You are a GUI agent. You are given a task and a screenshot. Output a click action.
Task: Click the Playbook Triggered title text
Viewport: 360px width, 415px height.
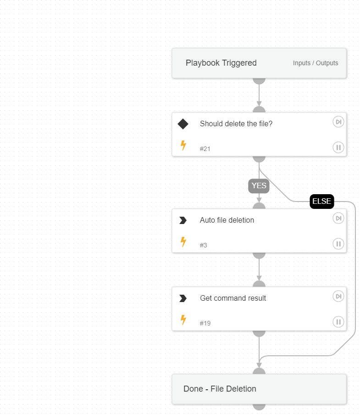(221, 63)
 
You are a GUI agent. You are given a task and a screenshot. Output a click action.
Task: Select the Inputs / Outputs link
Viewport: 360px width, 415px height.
(316, 63)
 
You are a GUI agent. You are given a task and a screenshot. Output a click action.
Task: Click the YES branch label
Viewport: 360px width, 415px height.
(259, 186)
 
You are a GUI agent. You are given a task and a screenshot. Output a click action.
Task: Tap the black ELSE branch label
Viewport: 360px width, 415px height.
(321, 202)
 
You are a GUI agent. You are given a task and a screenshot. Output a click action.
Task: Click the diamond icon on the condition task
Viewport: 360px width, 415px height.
(183, 124)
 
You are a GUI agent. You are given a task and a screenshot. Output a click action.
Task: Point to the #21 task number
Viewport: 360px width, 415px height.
(205, 149)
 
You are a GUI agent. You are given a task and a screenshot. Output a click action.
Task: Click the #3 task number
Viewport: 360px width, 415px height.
(203, 245)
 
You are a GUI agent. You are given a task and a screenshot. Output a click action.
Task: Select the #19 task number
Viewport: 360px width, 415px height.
(205, 323)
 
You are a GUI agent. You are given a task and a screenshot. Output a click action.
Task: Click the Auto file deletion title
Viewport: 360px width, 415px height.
(227, 220)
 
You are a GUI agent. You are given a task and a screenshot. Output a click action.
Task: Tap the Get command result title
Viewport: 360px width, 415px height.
(233, 298)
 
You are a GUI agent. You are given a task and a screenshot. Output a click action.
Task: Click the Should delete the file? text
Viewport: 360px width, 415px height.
(236, 123)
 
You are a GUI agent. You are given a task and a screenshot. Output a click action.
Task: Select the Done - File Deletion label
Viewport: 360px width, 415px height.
(220, 389)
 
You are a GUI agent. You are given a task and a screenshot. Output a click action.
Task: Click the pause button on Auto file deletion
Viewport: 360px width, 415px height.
(338, 244)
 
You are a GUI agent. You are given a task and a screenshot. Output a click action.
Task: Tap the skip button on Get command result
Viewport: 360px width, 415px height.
(338, 296)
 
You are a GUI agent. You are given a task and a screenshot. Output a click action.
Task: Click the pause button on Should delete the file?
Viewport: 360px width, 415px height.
(338, 147)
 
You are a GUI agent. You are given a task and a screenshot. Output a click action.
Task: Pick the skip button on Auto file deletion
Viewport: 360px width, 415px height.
(338, 218)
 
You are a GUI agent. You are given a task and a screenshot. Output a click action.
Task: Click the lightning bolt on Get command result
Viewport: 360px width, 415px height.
(183, 320)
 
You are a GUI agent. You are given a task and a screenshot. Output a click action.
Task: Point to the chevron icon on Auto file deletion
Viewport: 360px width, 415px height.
(183, 220)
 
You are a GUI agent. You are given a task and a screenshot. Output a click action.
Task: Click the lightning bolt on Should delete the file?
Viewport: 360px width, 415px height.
(183, 146)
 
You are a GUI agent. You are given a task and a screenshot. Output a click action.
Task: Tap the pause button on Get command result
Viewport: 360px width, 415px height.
(338, 322)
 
